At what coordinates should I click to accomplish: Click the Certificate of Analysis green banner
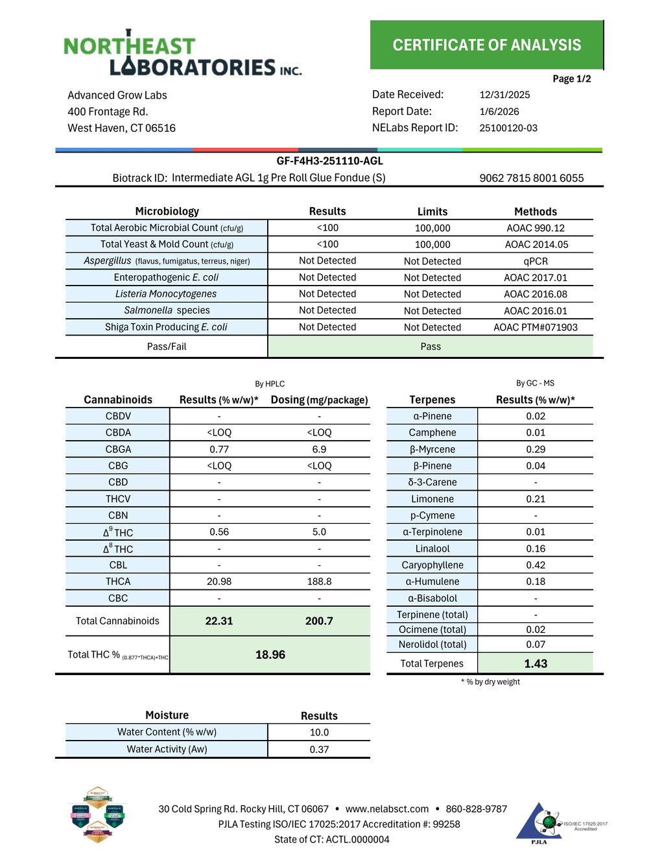point(486,45)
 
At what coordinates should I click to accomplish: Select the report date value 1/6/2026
point(499,112)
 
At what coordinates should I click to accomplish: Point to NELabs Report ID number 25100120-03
point(508,128)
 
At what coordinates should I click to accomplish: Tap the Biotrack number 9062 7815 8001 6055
point(532,178)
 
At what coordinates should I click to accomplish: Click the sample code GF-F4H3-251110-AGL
point(329,161)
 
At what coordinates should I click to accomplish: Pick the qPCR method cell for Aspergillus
point(536,261)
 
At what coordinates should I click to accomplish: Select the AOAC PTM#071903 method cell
point(536,327)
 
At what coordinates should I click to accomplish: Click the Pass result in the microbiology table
point(431,347)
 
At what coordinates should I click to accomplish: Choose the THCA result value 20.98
point(219,582)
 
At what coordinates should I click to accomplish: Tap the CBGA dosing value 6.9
point(319,449)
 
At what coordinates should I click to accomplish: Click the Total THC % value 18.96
point(270,655)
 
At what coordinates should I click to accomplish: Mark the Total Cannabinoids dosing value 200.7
point(319,621)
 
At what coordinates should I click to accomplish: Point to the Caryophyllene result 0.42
point(536,565)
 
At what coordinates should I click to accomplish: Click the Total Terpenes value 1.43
point(536,663)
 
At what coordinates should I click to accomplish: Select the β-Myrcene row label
point(432,449)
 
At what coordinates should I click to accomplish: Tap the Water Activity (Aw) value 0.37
point(319,749)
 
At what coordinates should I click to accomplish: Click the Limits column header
point(433,212)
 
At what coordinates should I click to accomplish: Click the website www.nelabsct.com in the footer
point(387,809)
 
